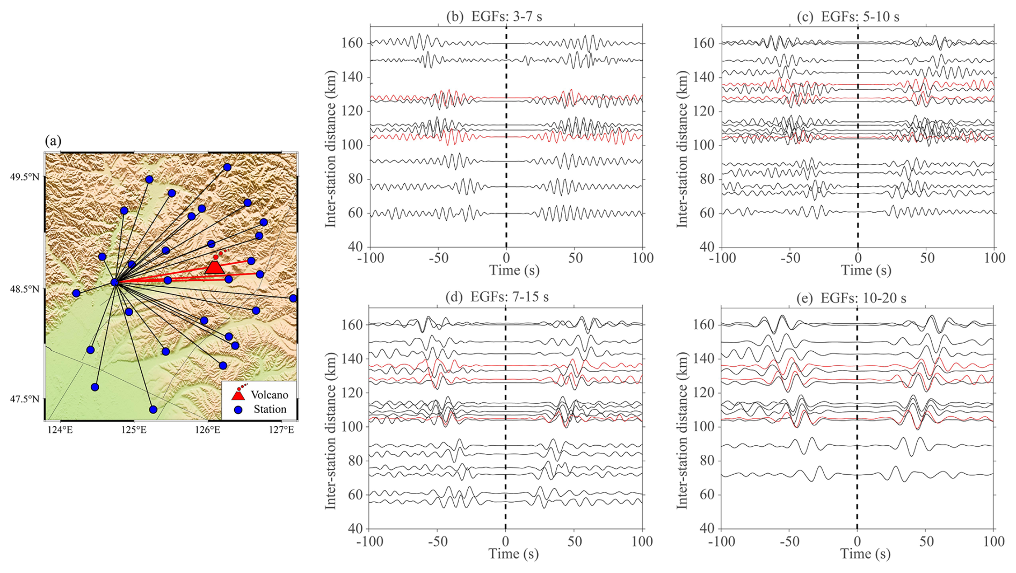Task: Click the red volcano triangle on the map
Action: pyautogui.click(x=214, y=267)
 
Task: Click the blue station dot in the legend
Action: pyautogui.click(x=238, y=410)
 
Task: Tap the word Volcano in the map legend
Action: pyautogui.click(x=269, y=395)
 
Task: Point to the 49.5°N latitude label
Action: pyautogui.click(x=25, y=177)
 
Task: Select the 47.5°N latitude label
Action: pyautogui.click(x=25, y=399)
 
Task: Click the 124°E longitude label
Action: pyautogui.click(x=60, y=430)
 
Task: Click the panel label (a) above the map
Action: pyautogui.click(x=53, y=141)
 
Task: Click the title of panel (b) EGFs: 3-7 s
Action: pyautogui.click(x=494, y=17)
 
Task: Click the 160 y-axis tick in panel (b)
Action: pyautogui.click(x=352, y=43)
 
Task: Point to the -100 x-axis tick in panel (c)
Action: pyautogui.click(x=722, y=258)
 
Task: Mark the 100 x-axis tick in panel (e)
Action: pyautogui.click(x=993, y=541)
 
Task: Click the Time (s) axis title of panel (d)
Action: pyautogui.click(x=513, y=554)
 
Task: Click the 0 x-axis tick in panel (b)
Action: pyautogui.click(x=506, y=258)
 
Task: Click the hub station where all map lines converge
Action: pyautogui.click(x=114, y=282)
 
